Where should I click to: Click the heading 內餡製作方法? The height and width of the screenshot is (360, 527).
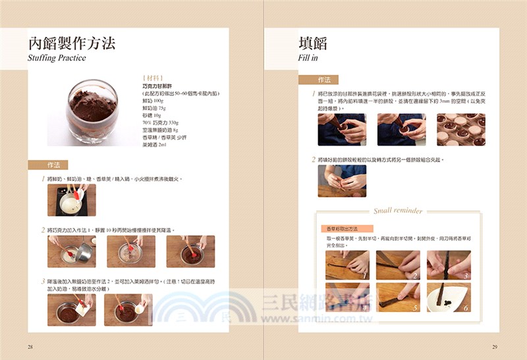point(72,43)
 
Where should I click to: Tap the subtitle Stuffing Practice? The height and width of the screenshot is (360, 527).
point(57,58)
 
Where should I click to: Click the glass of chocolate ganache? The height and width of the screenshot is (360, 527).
point(92,111)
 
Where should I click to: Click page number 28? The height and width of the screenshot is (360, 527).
point(30,347)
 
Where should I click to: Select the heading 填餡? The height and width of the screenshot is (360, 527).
point(313,43)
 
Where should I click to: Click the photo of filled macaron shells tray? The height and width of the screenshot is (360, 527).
point(460,130)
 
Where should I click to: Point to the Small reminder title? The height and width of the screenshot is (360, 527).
point(398,211)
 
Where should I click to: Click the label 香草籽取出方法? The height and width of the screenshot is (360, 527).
point(344,228)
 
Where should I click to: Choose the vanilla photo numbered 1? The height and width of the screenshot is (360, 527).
point(347,265)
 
